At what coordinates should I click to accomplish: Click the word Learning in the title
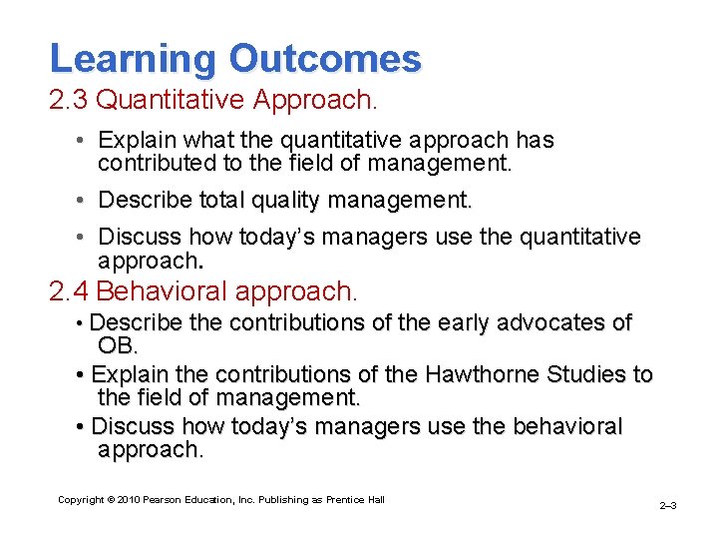(133, 59)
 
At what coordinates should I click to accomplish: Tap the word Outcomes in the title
(325, 59)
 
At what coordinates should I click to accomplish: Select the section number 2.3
(70, 101)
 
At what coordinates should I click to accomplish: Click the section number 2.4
(70, 291)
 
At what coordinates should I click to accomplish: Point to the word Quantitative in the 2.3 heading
(176, 101)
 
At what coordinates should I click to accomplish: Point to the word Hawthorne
(482, 375)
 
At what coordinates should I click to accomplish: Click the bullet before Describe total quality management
(80, 201)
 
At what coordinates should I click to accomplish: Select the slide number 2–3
(668, 506)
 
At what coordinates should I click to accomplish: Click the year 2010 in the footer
(129, 500)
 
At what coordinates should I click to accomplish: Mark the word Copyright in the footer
(81, 500)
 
